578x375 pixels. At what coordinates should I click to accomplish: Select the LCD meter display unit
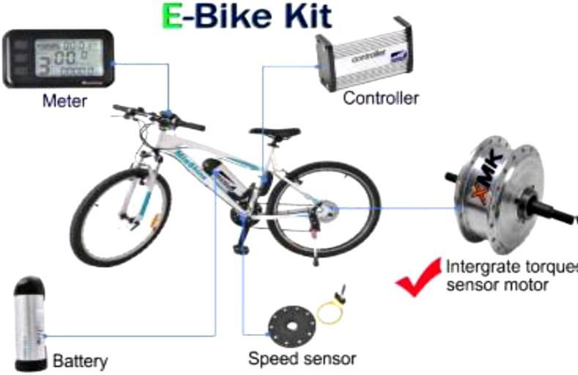click(58, 59)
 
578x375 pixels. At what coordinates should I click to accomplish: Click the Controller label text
click(381, 98)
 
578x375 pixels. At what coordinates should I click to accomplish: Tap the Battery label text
click(81, 360)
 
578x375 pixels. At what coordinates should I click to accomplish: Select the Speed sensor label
click(302, 359)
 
